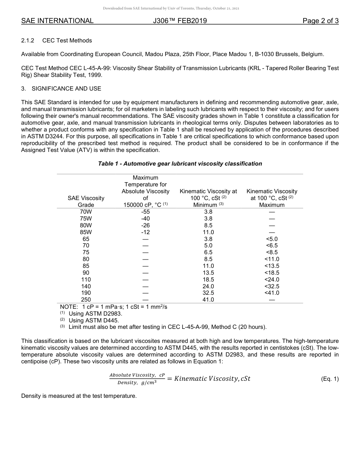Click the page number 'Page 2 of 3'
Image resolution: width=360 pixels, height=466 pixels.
tap(320, 21)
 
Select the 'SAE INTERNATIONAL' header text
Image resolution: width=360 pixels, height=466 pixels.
tap(57, 21)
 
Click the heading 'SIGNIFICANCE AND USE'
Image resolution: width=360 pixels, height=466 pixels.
tap(66, 88)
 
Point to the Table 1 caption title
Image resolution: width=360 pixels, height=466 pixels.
tap(180, 164)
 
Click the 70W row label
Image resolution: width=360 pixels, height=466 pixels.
tap(86, 212)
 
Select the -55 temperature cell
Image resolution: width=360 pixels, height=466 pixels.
tap(146, 212)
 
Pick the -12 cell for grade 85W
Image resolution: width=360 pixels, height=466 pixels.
tap(146, 232)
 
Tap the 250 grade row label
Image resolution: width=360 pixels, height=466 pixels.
tap(86, 300)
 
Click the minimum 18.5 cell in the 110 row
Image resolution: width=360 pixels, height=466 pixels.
tap(208, 280)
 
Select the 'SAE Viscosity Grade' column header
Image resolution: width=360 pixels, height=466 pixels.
tap(86, 201)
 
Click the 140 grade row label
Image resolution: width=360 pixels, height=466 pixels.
tap(86, 286)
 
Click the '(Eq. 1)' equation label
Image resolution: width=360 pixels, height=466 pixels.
tap(329, 379)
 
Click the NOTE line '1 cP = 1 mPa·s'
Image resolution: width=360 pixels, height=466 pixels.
tap(114, 307)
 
